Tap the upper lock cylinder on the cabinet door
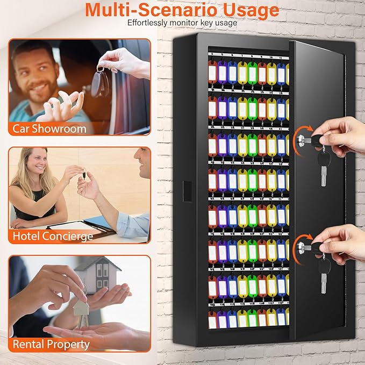[300, 141]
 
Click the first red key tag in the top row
[212, 73]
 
